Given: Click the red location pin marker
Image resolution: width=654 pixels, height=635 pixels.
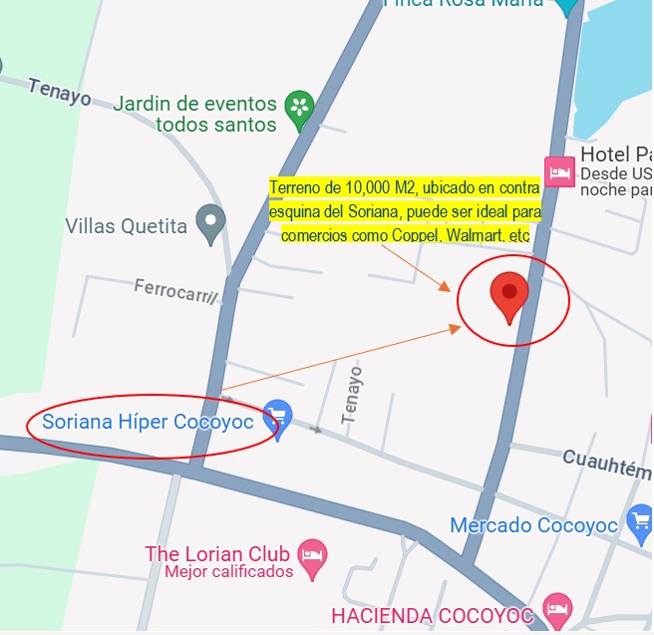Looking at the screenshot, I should click(509, 295).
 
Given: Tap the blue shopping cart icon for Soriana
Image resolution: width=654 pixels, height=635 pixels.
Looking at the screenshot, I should click(277, 416).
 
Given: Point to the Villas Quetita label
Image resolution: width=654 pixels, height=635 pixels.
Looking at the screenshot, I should click(126, 226).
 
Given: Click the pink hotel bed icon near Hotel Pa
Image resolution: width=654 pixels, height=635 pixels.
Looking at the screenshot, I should click(557, 170).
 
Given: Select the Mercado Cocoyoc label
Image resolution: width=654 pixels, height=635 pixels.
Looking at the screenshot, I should click(536, 525).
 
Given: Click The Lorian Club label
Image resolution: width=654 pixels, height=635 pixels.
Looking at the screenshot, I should click(216, 553).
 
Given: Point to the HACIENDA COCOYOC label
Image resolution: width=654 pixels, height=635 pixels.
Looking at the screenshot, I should click(433, 616).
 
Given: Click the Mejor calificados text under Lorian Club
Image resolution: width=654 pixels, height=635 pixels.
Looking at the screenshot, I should click(228, 572).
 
